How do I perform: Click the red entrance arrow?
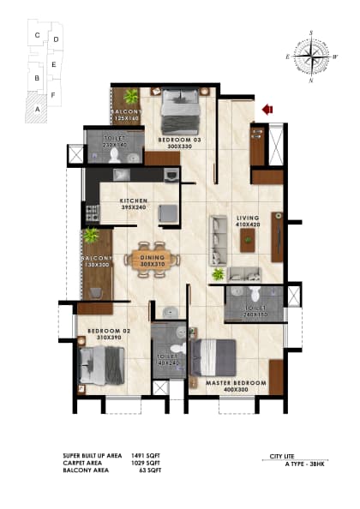[x=267, y=109]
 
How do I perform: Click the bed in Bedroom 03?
[x=180, y=107]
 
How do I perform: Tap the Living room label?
[x=248, y=219]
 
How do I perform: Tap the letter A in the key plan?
[x=36, y=109]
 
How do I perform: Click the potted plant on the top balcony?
[x=131, y=96]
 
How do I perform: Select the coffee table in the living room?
[x=248, y=237]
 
